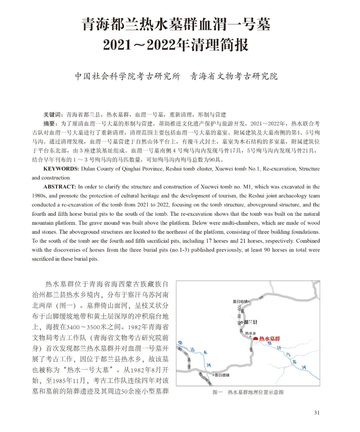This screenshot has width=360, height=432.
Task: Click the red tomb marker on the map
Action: (x=256, y=339)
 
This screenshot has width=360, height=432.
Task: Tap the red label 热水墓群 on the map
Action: (x=270, y=339)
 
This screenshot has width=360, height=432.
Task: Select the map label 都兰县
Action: (x=250, y=322)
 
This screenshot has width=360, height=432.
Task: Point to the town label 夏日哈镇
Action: (x=240, y=301)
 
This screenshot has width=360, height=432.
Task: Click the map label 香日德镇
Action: (x=222, y=375)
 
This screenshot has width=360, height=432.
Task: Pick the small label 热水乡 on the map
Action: (x=250, y=333)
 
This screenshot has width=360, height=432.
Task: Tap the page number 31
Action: (x=317, y=413)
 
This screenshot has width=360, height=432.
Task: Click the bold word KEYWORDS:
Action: (x=61, y=169)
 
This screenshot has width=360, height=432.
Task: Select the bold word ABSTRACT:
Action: (x=60, y=187)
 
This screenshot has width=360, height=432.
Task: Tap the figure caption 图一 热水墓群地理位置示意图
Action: (x=248, y=392)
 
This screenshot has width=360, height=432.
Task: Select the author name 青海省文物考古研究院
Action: (x=234, y=76)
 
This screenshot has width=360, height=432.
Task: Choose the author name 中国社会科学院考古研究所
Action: (x=127, y=76)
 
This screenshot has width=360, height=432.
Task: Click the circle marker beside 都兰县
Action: (x=242, y=322)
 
